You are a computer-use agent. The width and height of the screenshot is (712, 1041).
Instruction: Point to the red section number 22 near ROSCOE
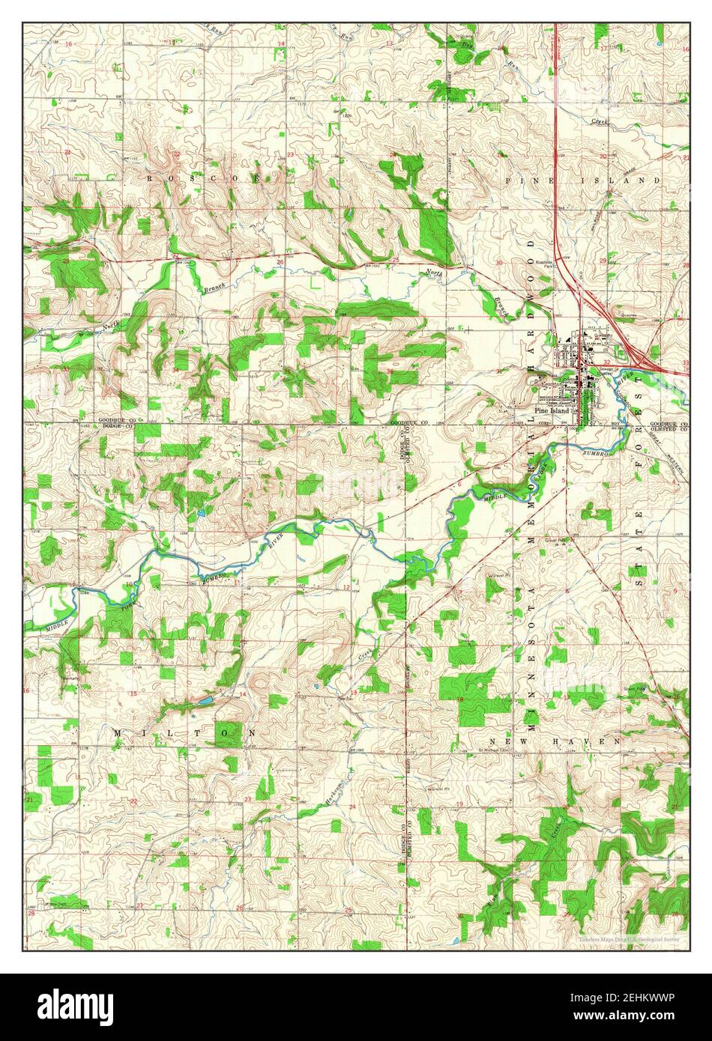pyautogui.click(x=177, y=154)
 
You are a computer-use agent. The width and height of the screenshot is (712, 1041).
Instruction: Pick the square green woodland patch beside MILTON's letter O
pyautogui.click(x=227, y=734)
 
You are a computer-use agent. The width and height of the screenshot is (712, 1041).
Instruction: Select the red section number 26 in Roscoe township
pyautogui.click(x=280, y=262)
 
